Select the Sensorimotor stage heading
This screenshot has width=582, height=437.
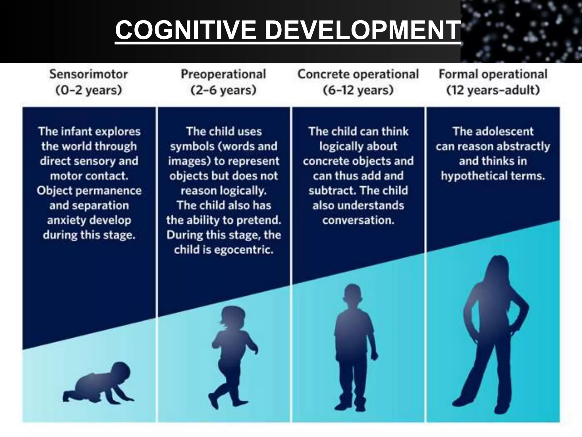pos(88,74)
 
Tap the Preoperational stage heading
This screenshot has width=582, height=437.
pos(223,74)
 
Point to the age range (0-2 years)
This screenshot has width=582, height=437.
pos(88,90)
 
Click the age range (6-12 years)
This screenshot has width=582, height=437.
pos(358,90)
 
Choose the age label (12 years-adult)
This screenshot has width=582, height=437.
pos(493,90)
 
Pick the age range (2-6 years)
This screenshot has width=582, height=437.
pos(223,90)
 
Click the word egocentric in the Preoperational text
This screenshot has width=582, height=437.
pos(244,250)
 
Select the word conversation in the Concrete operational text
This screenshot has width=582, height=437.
pos(358,220)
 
